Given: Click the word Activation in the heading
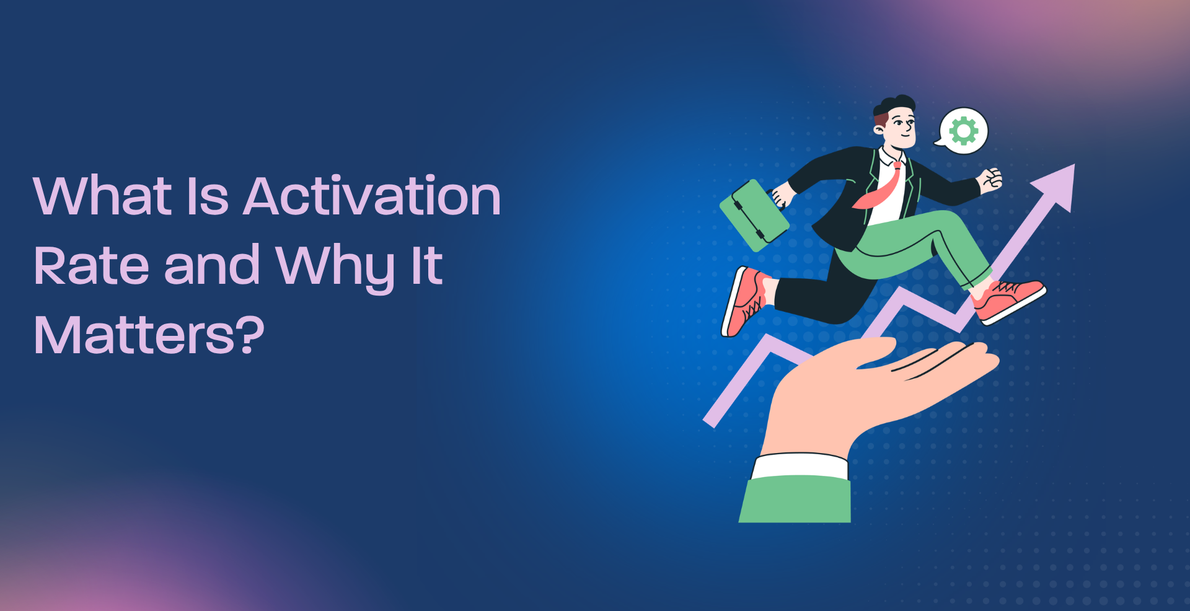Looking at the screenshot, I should [x=372, y=196].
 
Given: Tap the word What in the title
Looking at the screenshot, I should [x=102, y=196].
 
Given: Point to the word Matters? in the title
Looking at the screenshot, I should [x=149, y=335].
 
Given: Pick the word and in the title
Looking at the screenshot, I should [x=211, y=266].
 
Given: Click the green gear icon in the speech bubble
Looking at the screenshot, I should [x=964, y=131].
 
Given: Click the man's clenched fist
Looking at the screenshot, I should [x=990, y=179].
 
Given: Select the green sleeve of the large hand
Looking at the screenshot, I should [x=796, y=499].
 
